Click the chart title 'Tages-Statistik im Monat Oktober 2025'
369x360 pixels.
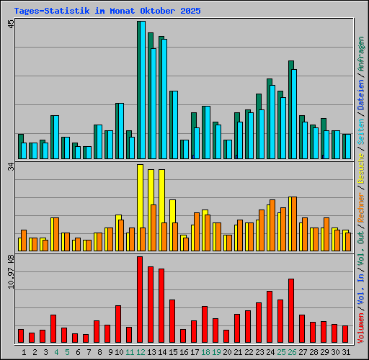[107, 11]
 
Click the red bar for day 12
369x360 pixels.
[140, 300]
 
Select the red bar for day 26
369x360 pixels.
[291, 310]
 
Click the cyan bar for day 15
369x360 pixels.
[174, 125]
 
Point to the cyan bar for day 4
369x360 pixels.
[55, 137]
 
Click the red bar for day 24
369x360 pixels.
[270, 317]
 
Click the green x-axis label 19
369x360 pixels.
[215, 352]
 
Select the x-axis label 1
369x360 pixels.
[25, 352]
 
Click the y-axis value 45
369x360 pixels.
[11, 25]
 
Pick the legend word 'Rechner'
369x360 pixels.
[361, 197]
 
